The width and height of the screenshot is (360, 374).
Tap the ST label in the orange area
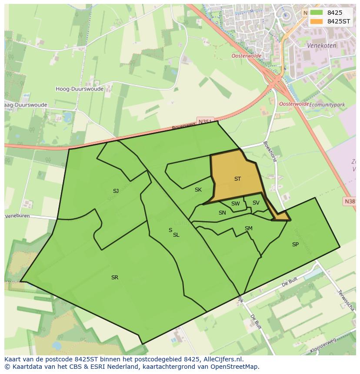tap(237, 179)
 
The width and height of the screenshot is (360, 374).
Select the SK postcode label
tap(198, 190)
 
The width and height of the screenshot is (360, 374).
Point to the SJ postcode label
tap(116, 191)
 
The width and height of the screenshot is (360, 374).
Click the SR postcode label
tap(115, 278)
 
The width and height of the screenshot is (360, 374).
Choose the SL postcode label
tap(176, 235)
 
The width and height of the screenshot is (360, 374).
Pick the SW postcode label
tap(235, 204)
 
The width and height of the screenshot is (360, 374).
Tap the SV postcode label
tap(256, 203)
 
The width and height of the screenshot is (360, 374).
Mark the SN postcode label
tap(222, 213)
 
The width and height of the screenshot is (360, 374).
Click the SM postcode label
tap(248, 228)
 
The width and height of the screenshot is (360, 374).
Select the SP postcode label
tap(295, 245)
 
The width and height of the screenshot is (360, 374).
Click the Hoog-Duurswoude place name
tap(80, 89)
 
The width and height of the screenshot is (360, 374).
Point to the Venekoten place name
tap(322, 45)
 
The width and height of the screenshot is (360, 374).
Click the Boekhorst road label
tap(270, 151)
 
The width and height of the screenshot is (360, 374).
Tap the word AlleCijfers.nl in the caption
tap(222, 359)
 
